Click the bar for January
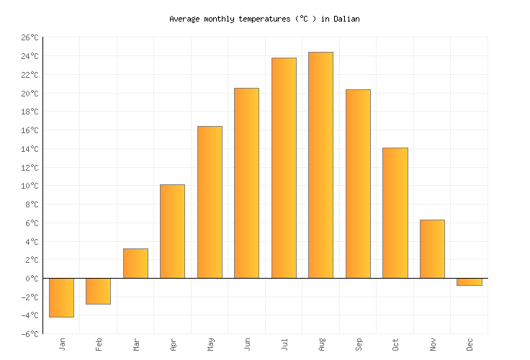pyautogui.click(x=61, y=297)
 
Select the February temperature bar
pyautogui.click(x=98, y=291)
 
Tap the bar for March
pyautogui.click(x=135, y=264)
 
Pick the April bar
pyautogui.click(x=172, y=231)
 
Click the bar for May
pyautogui.click(x=210, y=202)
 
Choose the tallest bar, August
pyautogui.click(x=320, y=165)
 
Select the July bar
pyautogui.click(x=284, y=168)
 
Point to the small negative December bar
pyautogui.click(x=469, y=282)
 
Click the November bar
pyautogui.click(x=432, y=249)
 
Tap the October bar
pyautogui.click(x=395, y=213)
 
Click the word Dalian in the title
pyautogui.click(x=346, y=19)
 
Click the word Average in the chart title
pyautogui.click(x=184, y=19)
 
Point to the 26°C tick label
pyautogui.click(x=30, y=37)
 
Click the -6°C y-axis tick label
pyautogui.click(x=30, y=334)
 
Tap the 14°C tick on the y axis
pyautogui.click(x=30, y=149)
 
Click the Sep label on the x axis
pyautogui.click(x=359, y=344)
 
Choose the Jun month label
pyautogui.click(x=247, y=344)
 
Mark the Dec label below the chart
pyautogui.click(x=470, y=344)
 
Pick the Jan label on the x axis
pyautogui.click(x=62, y=344)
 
